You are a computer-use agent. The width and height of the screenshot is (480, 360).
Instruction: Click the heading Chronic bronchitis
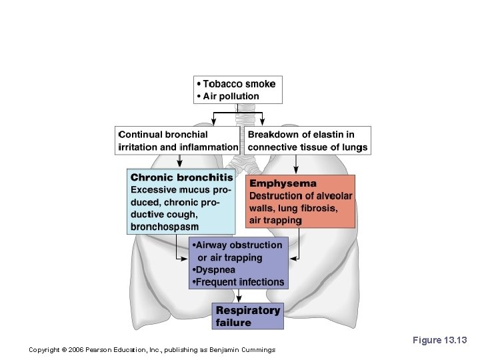pos(181,177)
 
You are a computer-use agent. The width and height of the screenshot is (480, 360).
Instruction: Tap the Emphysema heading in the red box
pos(283,183)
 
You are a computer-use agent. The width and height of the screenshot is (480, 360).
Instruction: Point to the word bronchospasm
pos(165,227)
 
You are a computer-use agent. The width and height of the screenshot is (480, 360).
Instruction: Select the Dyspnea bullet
pos(214,270)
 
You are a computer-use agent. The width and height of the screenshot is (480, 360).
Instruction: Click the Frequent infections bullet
pos(239,282)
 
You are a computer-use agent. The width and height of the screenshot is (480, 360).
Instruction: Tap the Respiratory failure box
pos(248,316)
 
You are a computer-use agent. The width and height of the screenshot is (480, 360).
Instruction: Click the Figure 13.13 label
pos(439,340)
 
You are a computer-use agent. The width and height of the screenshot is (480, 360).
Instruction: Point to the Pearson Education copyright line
pos(152,350)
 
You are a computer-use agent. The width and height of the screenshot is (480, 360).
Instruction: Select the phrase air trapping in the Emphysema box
pos(275,220)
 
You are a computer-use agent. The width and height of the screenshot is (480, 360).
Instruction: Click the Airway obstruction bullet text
pos(238,245)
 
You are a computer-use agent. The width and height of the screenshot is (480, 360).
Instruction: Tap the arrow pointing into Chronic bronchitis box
pos(179,163)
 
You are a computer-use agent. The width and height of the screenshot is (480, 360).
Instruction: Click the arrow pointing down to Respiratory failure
pos(239,297)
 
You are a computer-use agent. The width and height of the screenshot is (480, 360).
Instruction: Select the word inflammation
pos(209,147)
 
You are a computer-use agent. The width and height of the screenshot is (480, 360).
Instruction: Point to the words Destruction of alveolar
pos(300,195)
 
